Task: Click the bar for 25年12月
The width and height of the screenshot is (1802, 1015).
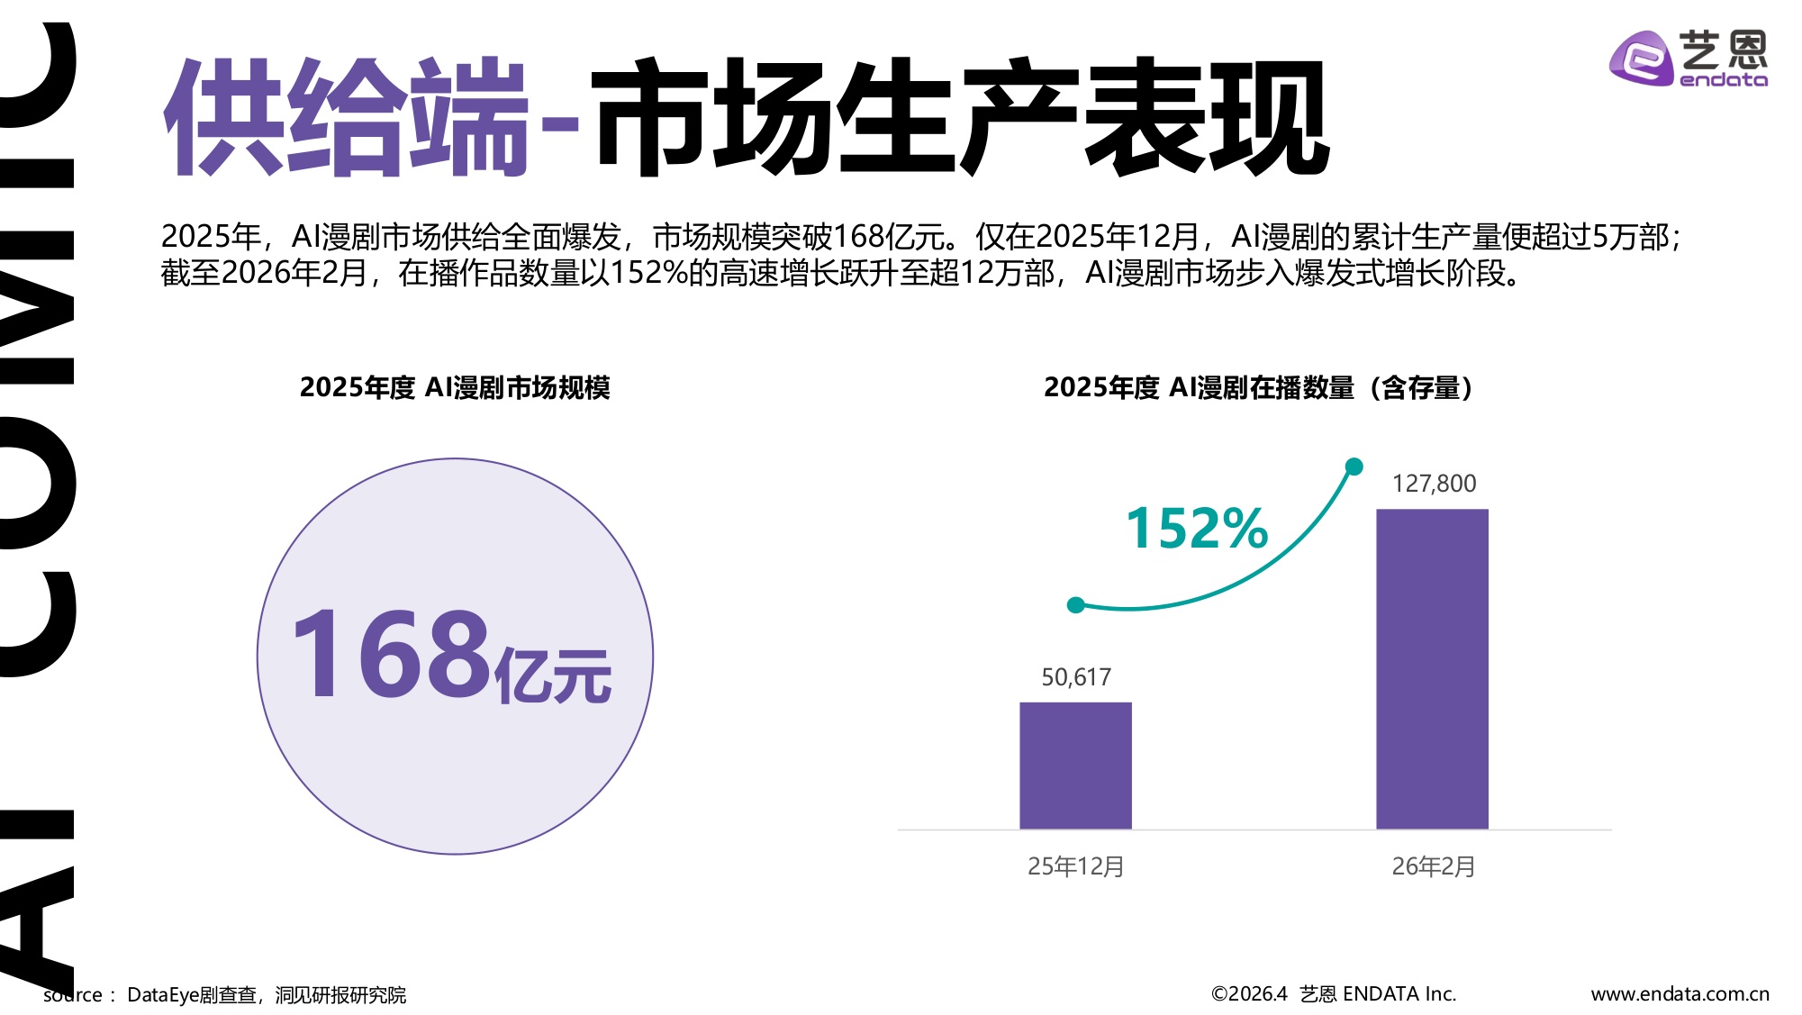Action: [1075, 765]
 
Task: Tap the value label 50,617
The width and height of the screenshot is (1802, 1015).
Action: [1076, 676]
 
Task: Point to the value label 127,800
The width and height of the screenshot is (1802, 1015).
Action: [1434, 484]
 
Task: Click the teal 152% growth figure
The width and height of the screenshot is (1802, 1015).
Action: [1197, 528]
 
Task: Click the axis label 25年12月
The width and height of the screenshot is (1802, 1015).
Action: [1075, 866]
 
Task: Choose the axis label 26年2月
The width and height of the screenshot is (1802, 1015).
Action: [1433, 866]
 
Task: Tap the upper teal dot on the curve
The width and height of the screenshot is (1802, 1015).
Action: [1354, 467]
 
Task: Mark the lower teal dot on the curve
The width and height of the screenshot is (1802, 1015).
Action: [1075, 605]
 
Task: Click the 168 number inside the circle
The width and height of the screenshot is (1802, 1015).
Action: [392, 655]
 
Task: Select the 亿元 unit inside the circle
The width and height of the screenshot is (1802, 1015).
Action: [553, 675]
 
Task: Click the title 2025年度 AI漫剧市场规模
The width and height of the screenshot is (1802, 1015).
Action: [455, 387]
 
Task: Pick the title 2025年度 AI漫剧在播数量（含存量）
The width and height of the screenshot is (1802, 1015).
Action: [1257, 387]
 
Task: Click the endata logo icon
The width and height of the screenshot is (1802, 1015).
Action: [1640, 59]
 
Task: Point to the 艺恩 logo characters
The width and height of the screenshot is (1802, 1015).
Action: [1723, 49]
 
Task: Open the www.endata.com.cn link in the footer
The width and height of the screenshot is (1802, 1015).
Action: [1680, 994]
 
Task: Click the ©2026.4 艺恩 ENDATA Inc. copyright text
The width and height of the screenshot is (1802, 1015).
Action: [1333, 994]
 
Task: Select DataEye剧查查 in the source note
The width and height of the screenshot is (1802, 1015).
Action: [191, 995]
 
